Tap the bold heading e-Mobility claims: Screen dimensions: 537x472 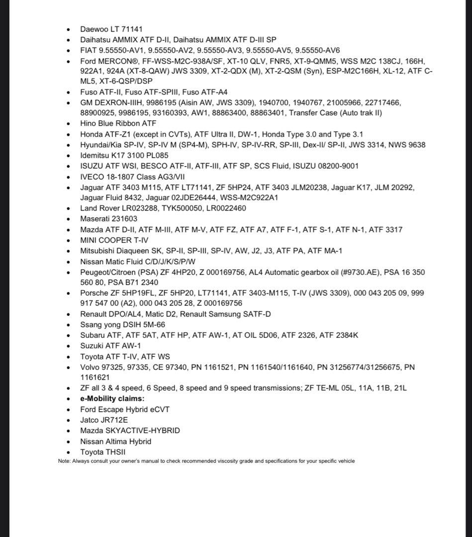pos(112,399)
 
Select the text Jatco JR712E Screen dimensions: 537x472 pos(104,420)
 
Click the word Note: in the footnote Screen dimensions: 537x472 pos(64,461)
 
